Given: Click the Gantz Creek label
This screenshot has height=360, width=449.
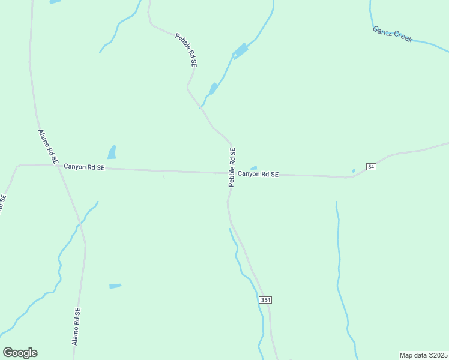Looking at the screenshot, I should click(x=393, y=34).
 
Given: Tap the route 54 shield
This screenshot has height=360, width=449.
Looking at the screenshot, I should click(x=371, y=166).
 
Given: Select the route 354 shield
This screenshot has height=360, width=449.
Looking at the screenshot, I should click(x=265, y=299).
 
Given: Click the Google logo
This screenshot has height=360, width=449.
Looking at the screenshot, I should click(x=20, y=353).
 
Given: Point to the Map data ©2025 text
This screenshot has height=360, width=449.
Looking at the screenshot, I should click(x=423, y=355).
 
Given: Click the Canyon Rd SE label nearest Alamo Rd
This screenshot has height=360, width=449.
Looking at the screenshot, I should click(x=84, y=167).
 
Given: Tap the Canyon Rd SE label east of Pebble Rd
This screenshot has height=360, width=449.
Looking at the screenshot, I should click(x=258, y=174).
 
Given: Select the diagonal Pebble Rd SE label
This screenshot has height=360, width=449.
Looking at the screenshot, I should click(x=186, y=50).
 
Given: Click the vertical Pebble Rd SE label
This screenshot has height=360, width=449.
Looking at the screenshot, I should click(x=232, y=167).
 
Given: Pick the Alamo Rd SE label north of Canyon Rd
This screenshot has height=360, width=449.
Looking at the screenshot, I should click(x=47, y=147).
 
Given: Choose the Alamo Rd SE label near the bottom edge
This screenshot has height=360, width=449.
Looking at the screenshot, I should click(x=76, y=326).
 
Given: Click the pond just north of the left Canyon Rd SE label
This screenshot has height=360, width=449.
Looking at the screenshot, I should click(x=112, y=152).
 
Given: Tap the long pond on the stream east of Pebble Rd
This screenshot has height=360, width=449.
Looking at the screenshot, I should click(x=240, y=51).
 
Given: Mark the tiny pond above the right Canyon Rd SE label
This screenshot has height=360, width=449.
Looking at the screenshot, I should click(x=254, y=168).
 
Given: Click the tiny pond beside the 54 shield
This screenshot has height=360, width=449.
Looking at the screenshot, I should click(x=353, y=171).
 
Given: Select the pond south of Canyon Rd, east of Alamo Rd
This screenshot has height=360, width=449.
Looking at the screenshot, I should click(x=115, y=286).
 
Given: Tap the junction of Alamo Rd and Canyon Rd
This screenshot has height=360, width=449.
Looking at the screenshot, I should click(x=58, y=166).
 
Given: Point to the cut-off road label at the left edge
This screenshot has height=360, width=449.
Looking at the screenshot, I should click(x=2, y=203).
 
